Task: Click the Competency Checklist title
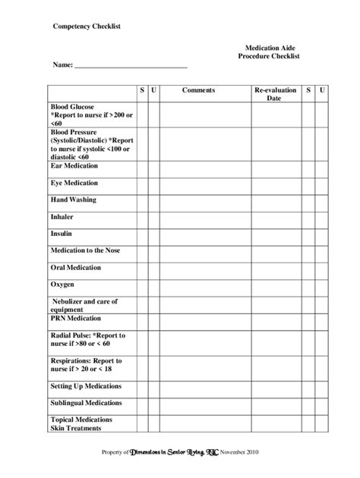pyautogui.click(x=86, y=26)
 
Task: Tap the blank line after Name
pyautogui.click(x=131, y=66)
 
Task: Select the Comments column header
pyautogui.click(x=198, y=90)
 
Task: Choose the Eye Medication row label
pyautogui.click(x=75, y=183)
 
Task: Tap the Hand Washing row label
pyautogui.click(x=74, y=200)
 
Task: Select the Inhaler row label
pyautogui.click(x=62, y=216)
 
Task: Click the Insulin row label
pyautogui.click(x=62, y=234)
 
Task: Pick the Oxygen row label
pyautogui.click(x=62, y=284)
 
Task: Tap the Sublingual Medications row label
pyautogui.click(x=86, y=403)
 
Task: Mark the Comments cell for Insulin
pyautogui.click(x=198, y=234)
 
